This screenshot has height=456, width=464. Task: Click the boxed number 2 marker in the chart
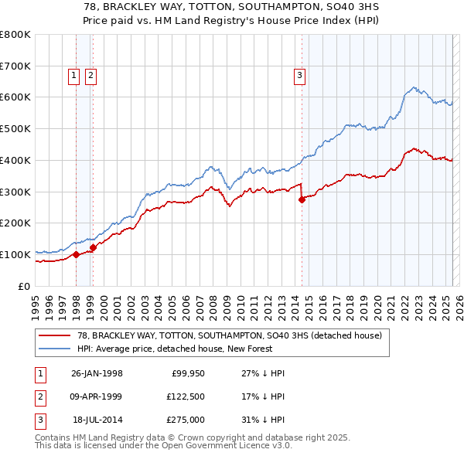(90, 75)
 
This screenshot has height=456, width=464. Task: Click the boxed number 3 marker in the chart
(299, 75)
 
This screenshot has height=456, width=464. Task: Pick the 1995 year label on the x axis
(36, 303)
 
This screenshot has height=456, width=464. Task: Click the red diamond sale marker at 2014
(302, 199)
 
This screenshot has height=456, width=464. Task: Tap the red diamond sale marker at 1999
(93, 247)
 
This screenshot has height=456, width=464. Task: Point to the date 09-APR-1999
(97, 396)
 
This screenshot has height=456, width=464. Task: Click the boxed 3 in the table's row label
(39, 420)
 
